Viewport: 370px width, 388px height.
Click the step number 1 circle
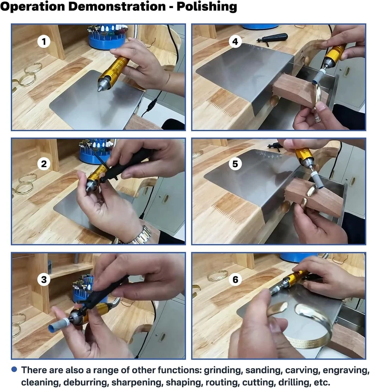(44, 42)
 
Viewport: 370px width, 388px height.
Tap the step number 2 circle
(44, 164)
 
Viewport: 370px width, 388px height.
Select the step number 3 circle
(44, 279)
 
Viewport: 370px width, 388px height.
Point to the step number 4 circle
(235, 42)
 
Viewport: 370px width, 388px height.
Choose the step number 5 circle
(235, 164)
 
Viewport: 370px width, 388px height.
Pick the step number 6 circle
(235, 279)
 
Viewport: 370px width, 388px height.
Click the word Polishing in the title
(207, 7)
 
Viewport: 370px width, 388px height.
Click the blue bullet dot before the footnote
(14, 369)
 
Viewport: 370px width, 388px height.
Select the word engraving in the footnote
(344, 371)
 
